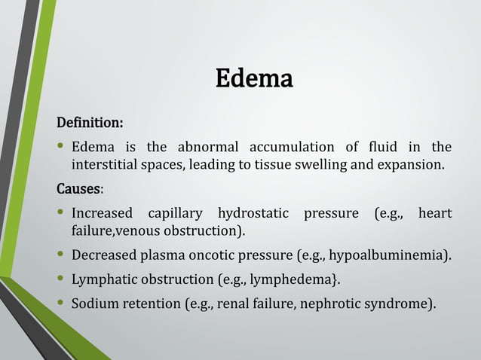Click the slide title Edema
pyautogui.click(x=254, y=78)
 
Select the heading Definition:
pyautogui.click(x=90, y=122)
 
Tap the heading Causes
pyautogui.click(x=79, y=188)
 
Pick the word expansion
pyautogui.click(x=409, y=164)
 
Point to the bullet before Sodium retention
pyautogui.click(x=60, y=304)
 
